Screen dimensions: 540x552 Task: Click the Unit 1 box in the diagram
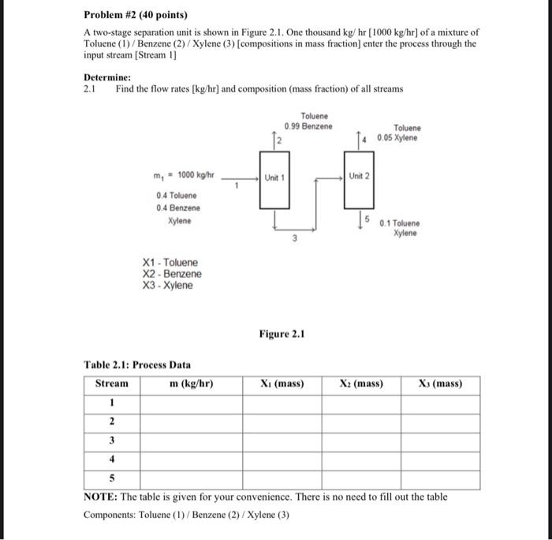(273, 178)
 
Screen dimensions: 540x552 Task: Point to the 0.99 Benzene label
(308, 127)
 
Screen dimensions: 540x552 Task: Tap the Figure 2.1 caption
(281, 334)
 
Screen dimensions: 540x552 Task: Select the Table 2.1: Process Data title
(137, 365)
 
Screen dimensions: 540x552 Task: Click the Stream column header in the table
(111, 384)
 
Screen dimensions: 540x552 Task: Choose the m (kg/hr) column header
(192, 384)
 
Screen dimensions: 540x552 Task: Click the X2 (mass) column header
(361, 384)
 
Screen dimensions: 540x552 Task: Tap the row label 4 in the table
(111, 458)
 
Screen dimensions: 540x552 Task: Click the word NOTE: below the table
(101, 497)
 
